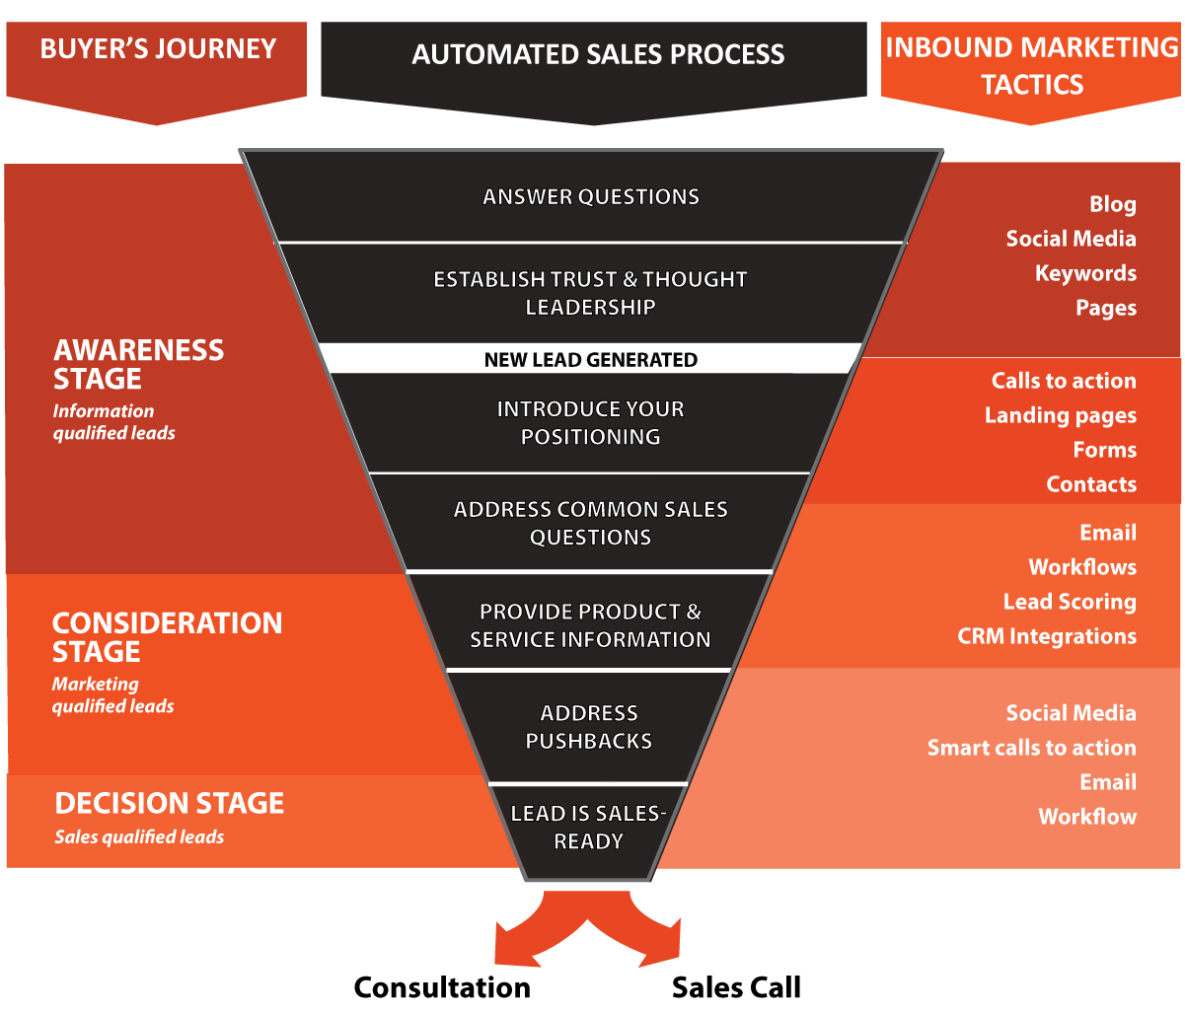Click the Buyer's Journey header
click(158, 49)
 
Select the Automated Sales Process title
click(597, 54)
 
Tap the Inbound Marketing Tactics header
click(1032, 65)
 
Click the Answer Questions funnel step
click(591, 197)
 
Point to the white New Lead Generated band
click(590, 360)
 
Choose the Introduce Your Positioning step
click(590, 423)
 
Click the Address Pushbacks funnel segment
click(589, 727)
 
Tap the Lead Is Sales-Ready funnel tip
click(588, 828)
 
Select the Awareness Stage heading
click(138, 364)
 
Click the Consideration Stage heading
click(167, 637)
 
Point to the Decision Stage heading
click(169, 803)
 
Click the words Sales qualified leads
click(139, 837)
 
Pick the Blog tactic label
click(1112, 204)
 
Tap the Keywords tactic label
click(1085, 273)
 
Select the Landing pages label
click(1060, 415)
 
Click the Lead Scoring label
click(1069, 602)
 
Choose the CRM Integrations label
click(1046, 636)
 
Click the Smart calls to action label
click(1031, 748)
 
